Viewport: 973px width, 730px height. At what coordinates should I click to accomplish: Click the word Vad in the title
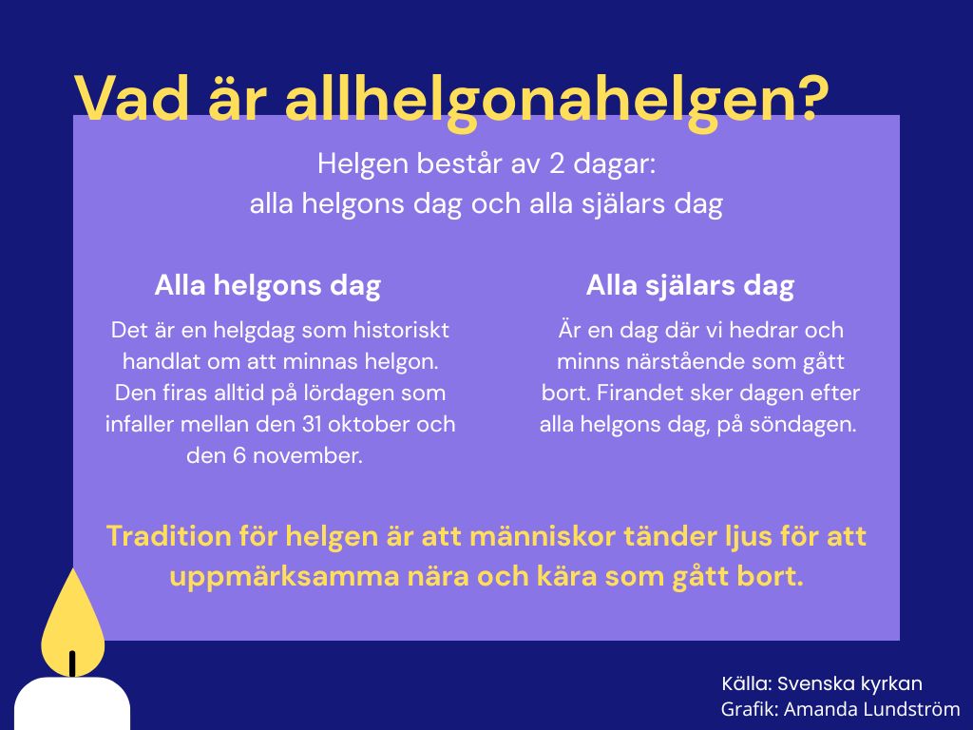pyautogui.click(x=131, y=98)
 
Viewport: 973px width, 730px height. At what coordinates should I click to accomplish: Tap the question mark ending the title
pyautogui.click(x=810, y=98)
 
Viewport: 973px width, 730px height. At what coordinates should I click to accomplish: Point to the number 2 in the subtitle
pyautogui.click(x=556, y=164)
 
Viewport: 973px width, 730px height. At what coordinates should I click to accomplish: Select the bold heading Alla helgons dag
pyautogui.click(x=267, y=285)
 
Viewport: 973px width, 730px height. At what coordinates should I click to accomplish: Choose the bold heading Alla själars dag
pyautogui.click(x=690, y=285)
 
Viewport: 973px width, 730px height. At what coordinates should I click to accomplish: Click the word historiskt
pyautogui.click(x=401, y=330)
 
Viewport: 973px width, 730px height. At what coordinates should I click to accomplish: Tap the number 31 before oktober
pyautogui.click(x=312, y=424)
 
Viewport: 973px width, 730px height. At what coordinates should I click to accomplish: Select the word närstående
pyautogui.click(x=670, y=361)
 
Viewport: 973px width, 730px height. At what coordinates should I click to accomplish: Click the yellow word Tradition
pyautogui.click(x=168, y=536)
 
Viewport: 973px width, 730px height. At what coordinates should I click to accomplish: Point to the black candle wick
pyautogui.click(x=72, y=663)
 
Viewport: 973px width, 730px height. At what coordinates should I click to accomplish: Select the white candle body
pyautogui.click(x=72, y=703)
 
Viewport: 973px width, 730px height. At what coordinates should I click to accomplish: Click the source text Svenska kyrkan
pyautogui.click(x=849, y=684)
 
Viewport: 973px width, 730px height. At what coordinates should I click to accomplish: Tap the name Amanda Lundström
pyautogui.click(x=872, y=709)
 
